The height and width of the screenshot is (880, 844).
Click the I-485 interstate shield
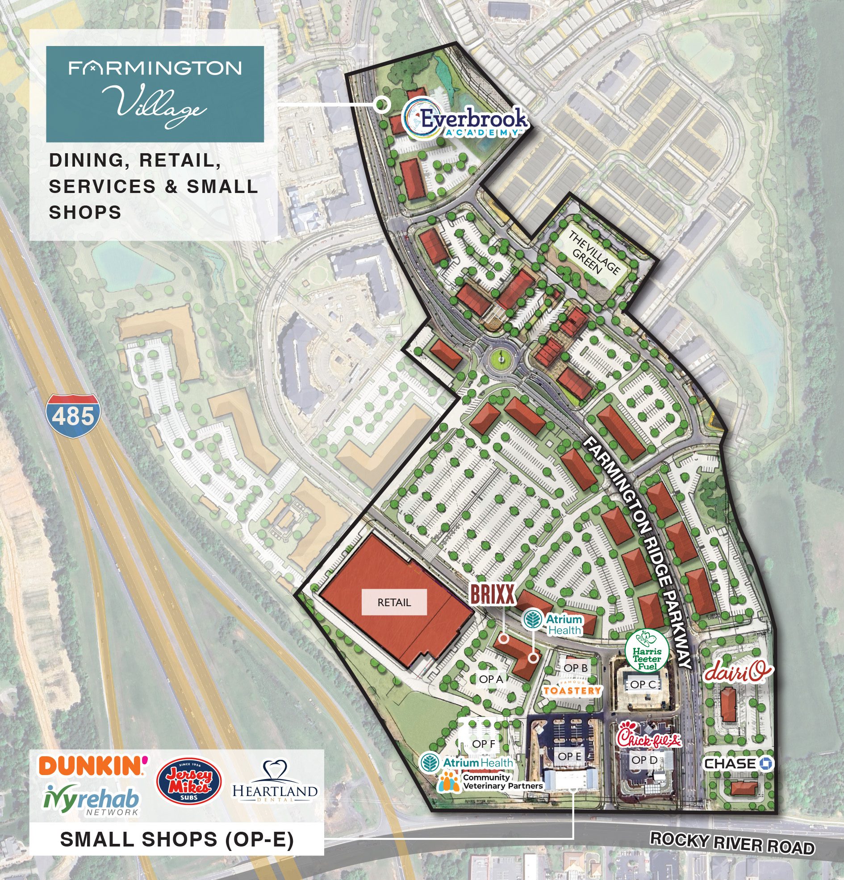tap(73, 416)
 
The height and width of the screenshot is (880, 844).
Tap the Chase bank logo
tap(739, 763)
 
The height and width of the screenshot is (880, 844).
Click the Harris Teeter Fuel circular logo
tap(647, 650)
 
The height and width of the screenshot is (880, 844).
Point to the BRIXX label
tap(492, 595)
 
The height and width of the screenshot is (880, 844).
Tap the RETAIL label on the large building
tap(394, 603)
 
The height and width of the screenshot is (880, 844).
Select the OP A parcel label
tap(491, 679)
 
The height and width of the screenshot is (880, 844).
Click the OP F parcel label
tap(483, 744)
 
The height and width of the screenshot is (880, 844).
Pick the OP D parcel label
tap(644, 760)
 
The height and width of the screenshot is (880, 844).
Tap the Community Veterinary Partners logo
tap(492, 782)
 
